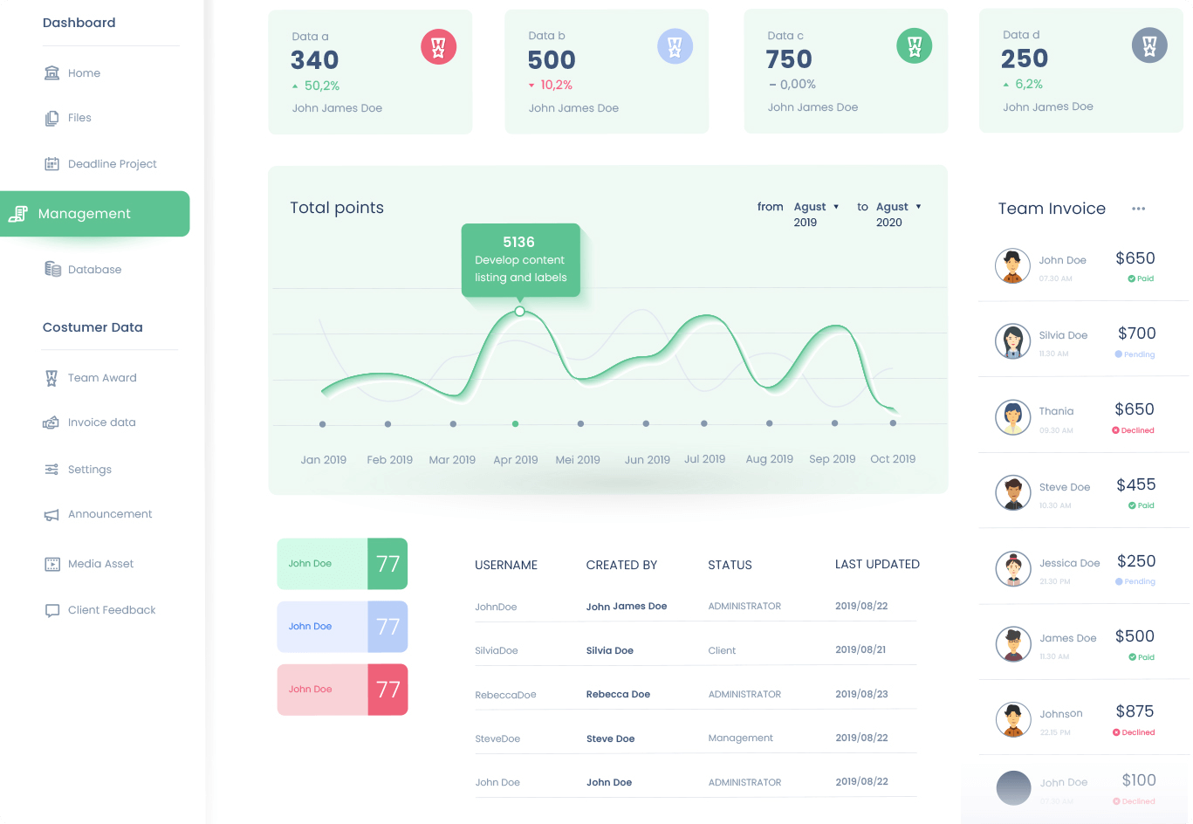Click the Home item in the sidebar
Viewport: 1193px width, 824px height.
[x=84, y=73]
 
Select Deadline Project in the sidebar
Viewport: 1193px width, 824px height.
[x=112, y=164]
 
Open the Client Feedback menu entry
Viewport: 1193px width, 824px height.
[x=111, y=610]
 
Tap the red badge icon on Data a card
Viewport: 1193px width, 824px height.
[x=438, y=47]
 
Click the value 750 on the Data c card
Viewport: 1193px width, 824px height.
[x=789, y=59]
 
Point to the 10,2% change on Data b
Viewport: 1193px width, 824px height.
[x=556, y=85]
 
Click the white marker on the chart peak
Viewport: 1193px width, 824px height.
[x=520, y=312]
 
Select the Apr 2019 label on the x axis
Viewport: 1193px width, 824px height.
[x=516, y=459]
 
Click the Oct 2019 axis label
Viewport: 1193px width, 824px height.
[x=893, y=458]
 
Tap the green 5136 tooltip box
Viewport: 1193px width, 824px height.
[x=520, y=259]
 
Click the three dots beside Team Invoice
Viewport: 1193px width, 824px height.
[x=1138, y=209]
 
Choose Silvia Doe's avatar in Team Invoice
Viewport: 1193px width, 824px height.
[x=1012, y=341]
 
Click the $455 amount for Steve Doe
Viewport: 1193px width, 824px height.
[x=1135, y=484]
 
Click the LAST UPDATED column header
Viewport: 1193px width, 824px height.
[x=877, y=565]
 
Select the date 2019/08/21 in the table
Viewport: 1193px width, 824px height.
[x=860, y=649]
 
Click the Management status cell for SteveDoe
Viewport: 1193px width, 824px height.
[x=740, y=738]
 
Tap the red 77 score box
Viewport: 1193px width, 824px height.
[x=387, y=690]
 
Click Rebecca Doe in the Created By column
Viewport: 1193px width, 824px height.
[x=618, y=694]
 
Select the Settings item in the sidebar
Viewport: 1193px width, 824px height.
[x=89, y=470]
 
